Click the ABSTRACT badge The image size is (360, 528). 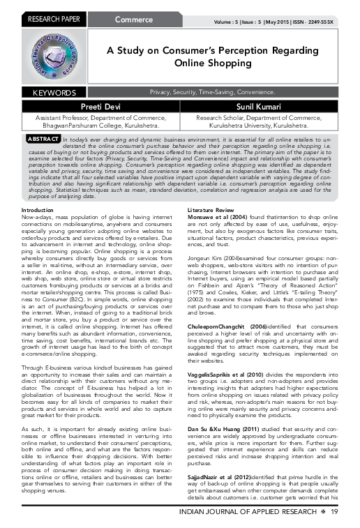pos(40,139)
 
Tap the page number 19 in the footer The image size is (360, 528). pos(336,513)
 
